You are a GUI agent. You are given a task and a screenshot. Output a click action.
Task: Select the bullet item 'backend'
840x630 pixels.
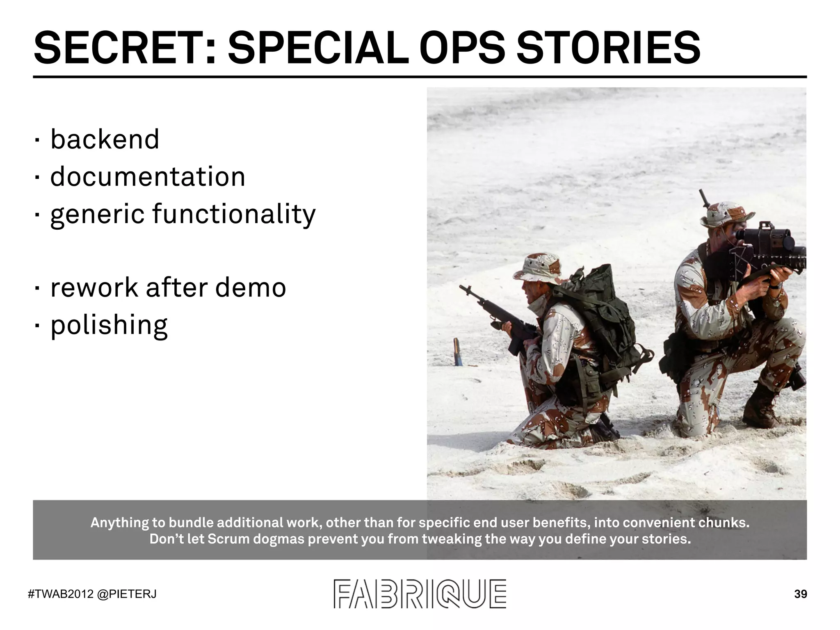tap(105, 139)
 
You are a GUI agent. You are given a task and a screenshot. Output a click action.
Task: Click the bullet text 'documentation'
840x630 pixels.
tap(148, 177)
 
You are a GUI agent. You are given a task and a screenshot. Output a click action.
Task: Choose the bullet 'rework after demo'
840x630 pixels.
tap(168, 288)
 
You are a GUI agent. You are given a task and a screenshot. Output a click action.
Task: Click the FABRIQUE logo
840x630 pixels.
tap(420, 593)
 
